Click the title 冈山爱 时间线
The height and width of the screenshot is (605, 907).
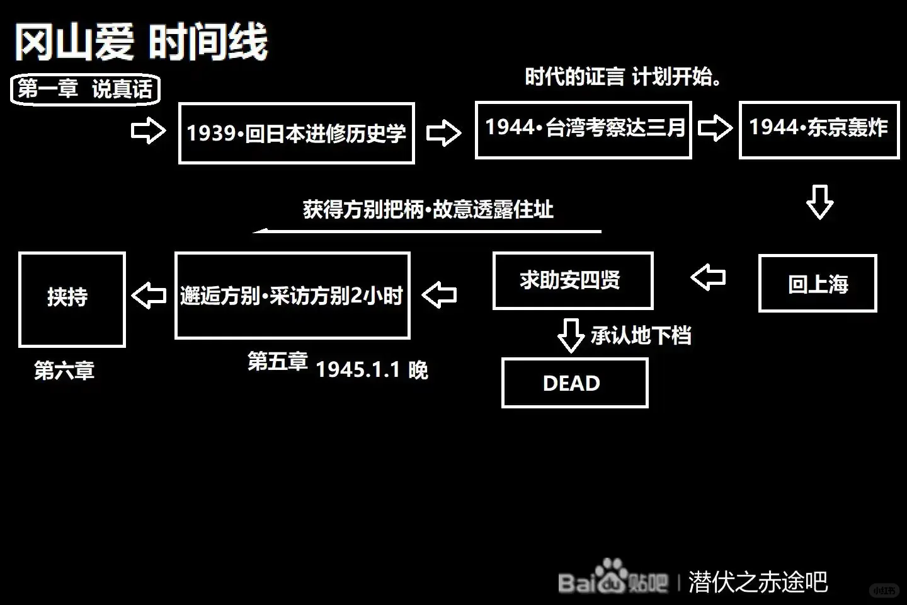(x=141, y=42)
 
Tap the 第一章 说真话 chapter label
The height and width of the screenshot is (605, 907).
(x=85, y=89)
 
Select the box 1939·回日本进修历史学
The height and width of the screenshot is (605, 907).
(x=296, y=133)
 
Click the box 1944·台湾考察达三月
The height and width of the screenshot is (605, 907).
(x=583, y=129)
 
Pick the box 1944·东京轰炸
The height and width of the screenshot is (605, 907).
(x=819, y=129)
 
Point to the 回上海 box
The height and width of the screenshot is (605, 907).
(x=818, y=284)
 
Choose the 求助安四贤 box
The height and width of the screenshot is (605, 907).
(x=572, y=280)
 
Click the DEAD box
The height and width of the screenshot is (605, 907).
(x=574, y=383)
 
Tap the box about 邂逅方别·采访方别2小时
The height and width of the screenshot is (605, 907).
(x=292, y=295)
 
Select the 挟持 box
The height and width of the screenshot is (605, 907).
(x=72, y=299)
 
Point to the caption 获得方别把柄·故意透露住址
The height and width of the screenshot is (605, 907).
(x=428, y=209)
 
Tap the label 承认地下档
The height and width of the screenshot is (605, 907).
(x=641, y=335)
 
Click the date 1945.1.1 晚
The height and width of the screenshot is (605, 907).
(x=372, y=369)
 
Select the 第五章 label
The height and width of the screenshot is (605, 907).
(x=277, y=361)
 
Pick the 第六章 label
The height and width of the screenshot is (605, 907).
(x=64, y=371)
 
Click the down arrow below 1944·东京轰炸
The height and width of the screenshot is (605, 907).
(x=819, y=202)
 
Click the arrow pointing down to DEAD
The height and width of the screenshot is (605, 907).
(x=571, y=335)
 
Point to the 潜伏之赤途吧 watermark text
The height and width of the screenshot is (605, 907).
(x=758, y=582)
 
